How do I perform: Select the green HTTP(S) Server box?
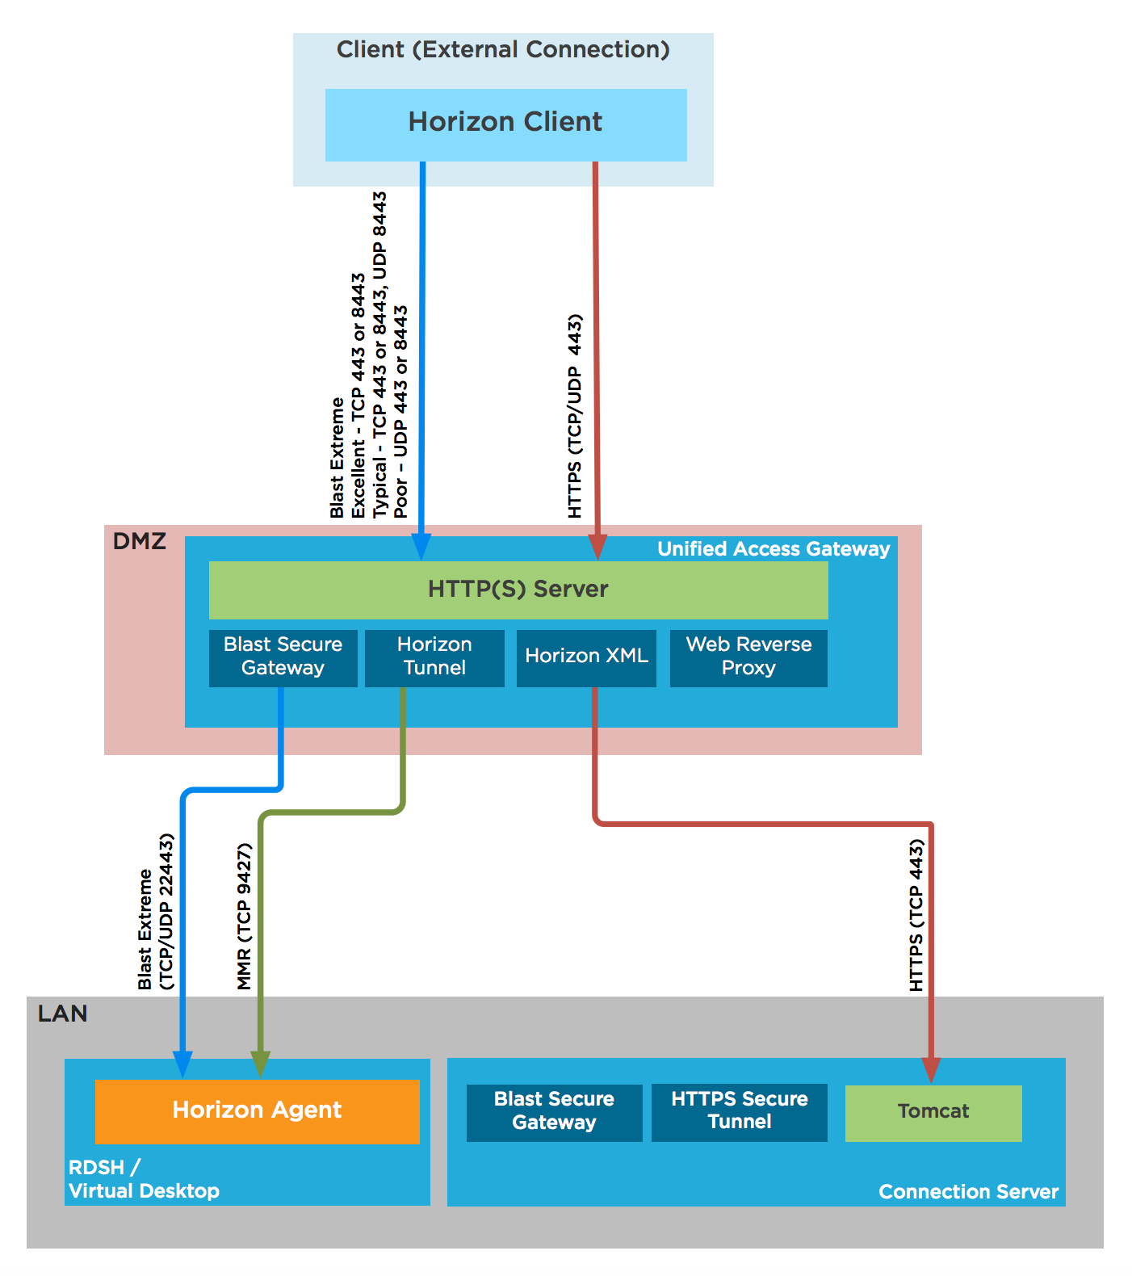tap(518, 590)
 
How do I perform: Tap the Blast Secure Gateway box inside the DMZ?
tap(283, 657)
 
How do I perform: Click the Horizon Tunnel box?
tap(434, 657)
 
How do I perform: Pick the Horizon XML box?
tap(586, 657)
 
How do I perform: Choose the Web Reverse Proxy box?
tap(748, 657)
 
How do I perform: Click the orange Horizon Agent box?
tap(257, 1111)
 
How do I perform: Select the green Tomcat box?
tap(933, 1113)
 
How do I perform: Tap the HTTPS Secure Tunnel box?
tap(739, 1111)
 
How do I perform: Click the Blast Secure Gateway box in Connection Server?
tap(554, 1111)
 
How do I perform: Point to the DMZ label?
tap(139, 541)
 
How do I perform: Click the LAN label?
tap(62, 1014)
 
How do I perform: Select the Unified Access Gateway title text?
tap(773, 549)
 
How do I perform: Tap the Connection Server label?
tap(967, 1192)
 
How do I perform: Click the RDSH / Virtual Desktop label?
tap(143, 1179)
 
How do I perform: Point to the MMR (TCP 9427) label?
tap(244, 917)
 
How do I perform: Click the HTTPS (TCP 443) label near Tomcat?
tap(916, 915)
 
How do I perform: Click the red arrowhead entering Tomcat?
tap(931, 1070)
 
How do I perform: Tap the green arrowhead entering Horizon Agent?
tap(260, 1064)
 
